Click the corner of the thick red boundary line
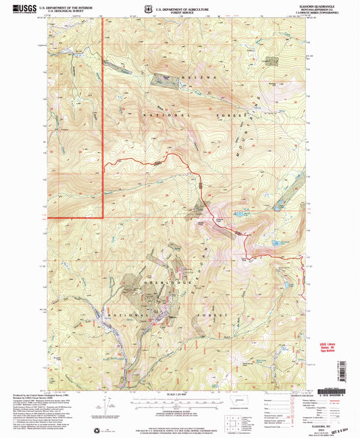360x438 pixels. point(103,218)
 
